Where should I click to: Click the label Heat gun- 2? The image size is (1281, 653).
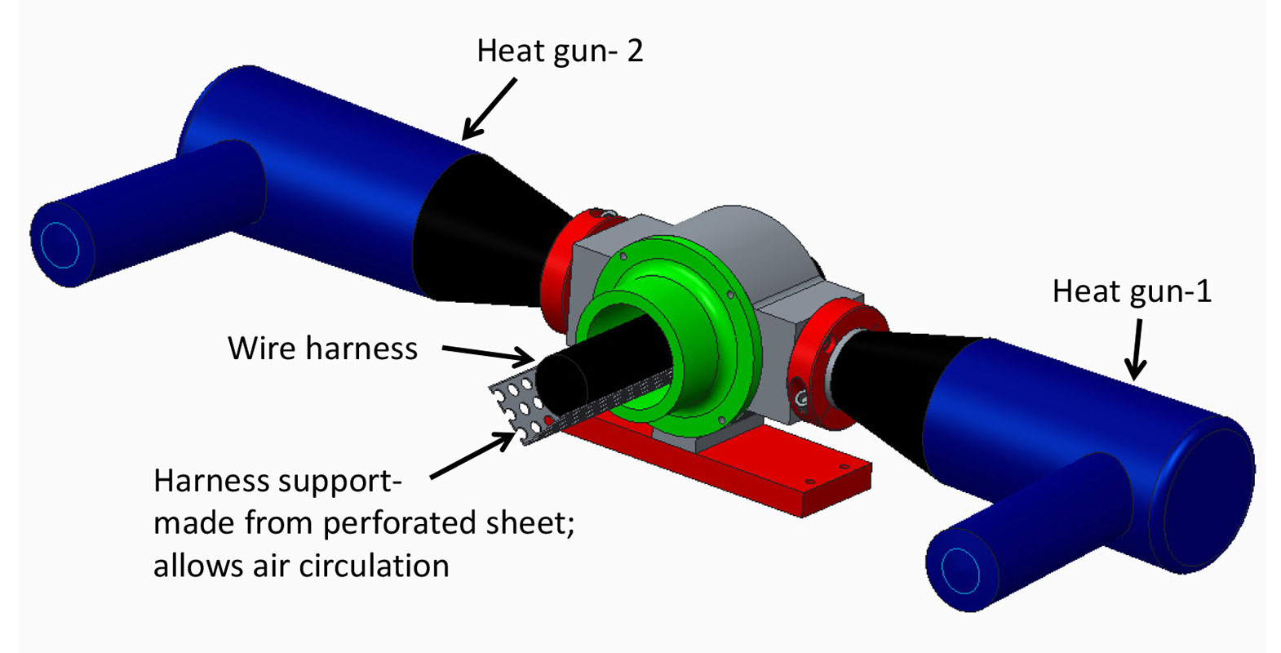coord(560,51)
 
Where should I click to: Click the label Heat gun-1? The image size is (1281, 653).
coord(1132,291)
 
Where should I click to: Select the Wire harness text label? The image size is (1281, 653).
coord(322,349)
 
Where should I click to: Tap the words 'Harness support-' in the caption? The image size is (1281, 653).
coord(277,481)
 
